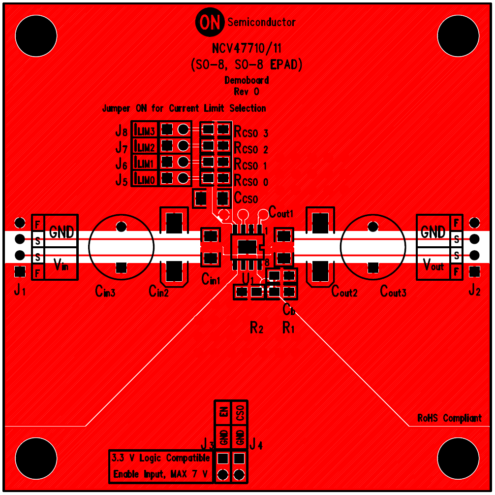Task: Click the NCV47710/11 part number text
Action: [247, 49]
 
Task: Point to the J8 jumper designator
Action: [121, 132]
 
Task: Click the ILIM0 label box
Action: [145, 180]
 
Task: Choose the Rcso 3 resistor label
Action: [251, 132]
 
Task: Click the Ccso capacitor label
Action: [246, 198]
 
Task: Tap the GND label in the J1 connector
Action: [62, 232]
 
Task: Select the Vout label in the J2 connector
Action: [433, 266]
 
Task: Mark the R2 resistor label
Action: [257, 327]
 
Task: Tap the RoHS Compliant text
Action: [449, 418]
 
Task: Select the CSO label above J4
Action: [240, 412]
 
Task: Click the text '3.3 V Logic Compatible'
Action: [161, 458]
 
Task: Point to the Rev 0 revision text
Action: [247, 91]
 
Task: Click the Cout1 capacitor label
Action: [281, 214]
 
